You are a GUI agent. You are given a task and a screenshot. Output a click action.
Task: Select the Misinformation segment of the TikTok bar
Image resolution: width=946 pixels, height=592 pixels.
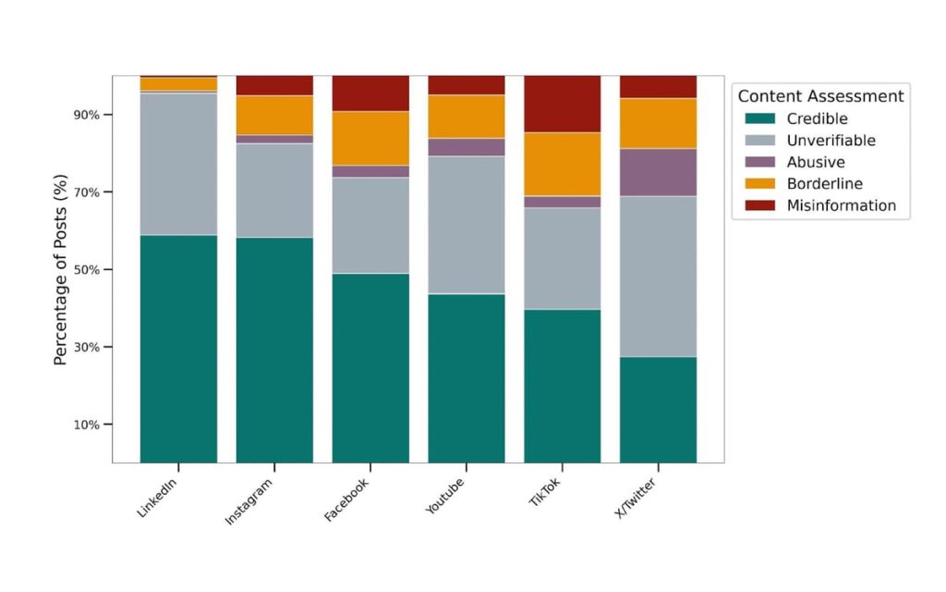(562, 104)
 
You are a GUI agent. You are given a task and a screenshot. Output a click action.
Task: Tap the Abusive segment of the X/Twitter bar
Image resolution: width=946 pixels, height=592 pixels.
(658, 172)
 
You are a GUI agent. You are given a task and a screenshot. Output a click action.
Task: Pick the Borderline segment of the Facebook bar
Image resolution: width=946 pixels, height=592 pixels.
(370, 139)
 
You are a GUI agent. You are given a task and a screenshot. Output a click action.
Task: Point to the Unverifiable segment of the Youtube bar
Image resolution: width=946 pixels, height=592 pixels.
(467, 225)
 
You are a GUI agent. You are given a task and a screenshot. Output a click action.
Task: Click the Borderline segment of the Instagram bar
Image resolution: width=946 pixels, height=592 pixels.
(274, 115)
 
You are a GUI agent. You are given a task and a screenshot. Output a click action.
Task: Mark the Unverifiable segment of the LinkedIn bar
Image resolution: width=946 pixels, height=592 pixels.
(178, 164)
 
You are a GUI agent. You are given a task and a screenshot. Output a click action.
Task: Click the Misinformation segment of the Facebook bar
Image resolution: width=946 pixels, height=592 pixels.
(370, 93)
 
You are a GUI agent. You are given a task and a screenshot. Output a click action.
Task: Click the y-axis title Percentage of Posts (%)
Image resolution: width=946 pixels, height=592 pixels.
(61, 269)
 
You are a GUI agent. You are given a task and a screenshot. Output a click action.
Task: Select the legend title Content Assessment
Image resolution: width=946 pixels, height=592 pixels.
(820, 96)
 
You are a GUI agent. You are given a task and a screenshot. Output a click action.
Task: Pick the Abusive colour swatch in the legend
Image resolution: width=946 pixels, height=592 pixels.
(760, 163)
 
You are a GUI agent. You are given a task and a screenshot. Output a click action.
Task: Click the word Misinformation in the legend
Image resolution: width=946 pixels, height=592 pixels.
(841, 205)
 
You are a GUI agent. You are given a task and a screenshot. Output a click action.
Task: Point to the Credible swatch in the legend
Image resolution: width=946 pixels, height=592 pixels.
(760, 119)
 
